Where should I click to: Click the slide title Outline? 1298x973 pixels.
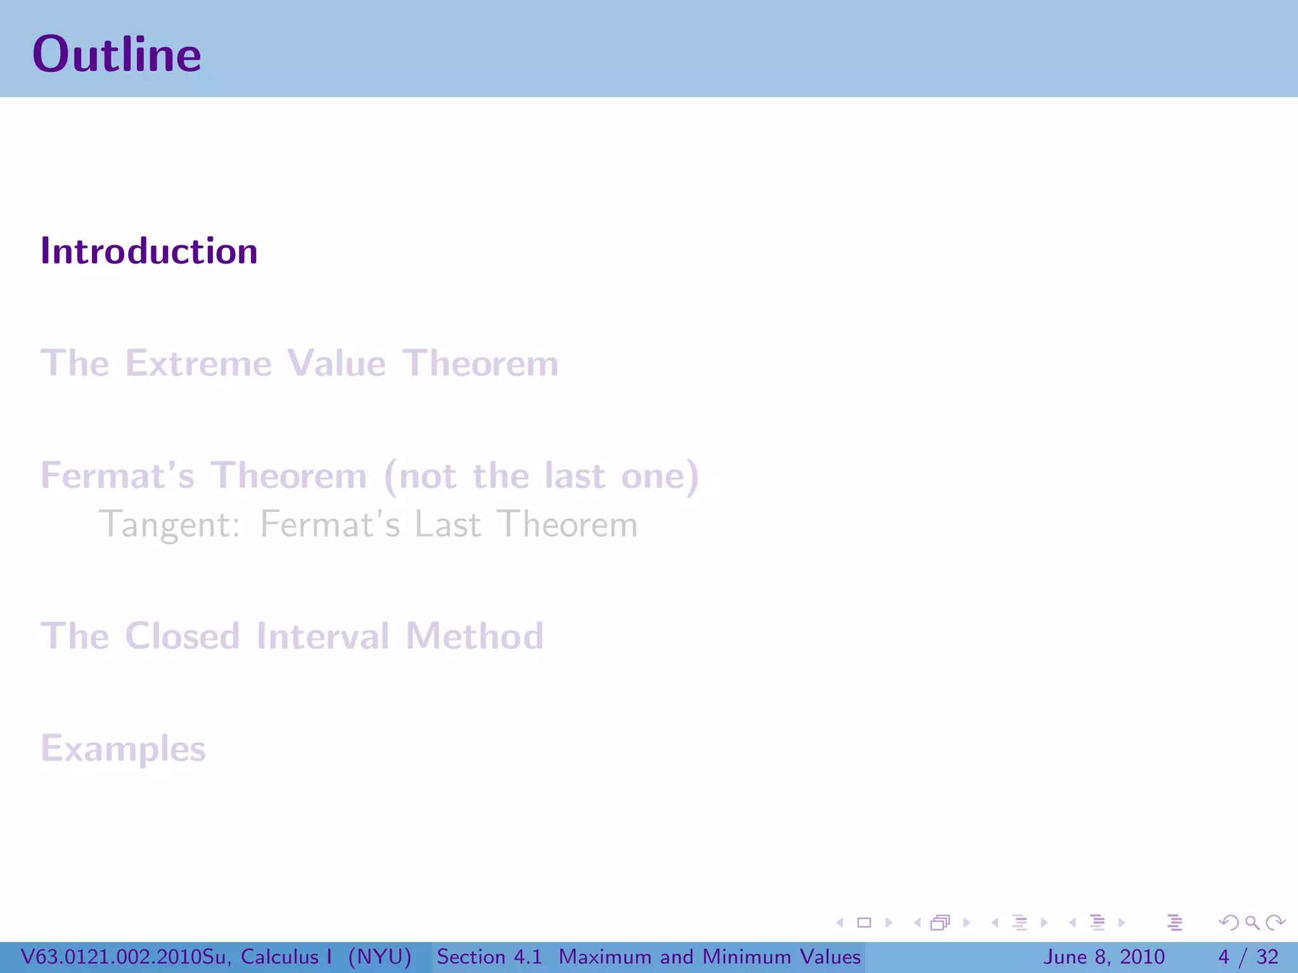117,54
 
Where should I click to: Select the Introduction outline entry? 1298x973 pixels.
149,251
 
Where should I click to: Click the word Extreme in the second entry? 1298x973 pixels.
198,364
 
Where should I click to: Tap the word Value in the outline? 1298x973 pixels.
336,364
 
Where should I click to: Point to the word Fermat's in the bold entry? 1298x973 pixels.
117,476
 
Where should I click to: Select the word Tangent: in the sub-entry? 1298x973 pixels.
170,525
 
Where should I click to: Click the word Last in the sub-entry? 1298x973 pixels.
447,525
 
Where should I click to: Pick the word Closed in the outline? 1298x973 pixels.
183,636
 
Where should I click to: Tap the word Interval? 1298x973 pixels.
323,636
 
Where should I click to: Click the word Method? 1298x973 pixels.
475,636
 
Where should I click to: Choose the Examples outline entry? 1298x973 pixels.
123,749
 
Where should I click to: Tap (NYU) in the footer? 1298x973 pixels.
380,957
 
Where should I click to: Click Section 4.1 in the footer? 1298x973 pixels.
489,957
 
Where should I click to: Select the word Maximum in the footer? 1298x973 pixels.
605,957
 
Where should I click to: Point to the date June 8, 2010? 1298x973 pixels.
1103,957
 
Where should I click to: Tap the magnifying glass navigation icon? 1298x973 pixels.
1252,923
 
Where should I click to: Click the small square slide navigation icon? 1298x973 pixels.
864,923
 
